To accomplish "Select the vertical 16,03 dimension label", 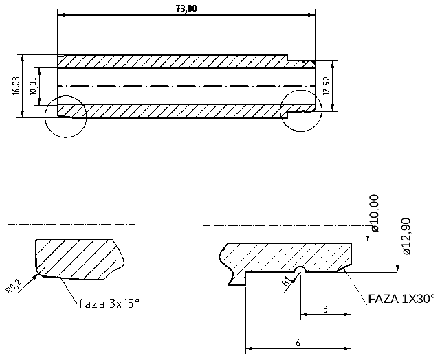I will click(15, 86).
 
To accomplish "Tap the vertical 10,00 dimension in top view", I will click(32, 86).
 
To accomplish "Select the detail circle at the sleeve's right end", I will click(301, 107).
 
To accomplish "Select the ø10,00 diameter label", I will click(374, 214).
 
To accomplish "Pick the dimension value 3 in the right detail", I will click(324, 310).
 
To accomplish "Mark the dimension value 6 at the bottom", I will click(297, 341).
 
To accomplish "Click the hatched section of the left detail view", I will click(76, 259).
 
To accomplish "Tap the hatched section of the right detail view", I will click(289, 256).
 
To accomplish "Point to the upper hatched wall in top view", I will click(172, 61).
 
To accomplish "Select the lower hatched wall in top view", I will click(172, 110).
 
